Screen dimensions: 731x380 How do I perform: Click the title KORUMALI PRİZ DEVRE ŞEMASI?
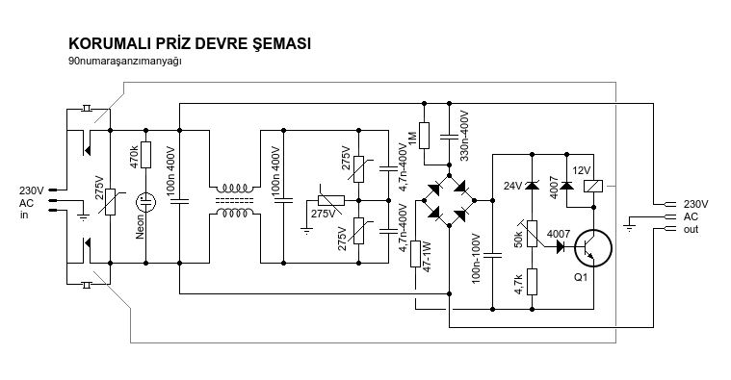(190, 43)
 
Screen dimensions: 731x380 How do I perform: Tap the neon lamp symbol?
(146, 202)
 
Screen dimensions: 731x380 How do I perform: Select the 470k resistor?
(146, 155)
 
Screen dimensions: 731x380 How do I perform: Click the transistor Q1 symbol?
(592, 248)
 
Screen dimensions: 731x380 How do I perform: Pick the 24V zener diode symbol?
(532, 186)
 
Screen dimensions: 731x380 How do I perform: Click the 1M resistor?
(424, 136)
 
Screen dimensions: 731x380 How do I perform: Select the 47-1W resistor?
(415, 254)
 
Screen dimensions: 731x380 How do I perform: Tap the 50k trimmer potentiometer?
(532, 234)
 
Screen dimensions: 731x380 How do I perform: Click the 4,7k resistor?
(532, 282)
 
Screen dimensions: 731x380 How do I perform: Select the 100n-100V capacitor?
(493, 255)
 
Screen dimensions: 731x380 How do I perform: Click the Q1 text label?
(581, 278)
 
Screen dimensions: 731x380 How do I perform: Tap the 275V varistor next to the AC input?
(110, 202)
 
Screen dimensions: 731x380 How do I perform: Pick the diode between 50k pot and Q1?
(563, 247)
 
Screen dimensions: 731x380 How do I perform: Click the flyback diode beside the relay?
(567, 186)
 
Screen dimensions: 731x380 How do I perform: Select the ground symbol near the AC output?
(629, 227)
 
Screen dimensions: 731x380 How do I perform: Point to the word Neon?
(140, 227)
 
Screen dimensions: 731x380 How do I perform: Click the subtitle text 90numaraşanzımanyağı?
(124, 61)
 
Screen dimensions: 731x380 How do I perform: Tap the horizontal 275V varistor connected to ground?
(331, 201)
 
